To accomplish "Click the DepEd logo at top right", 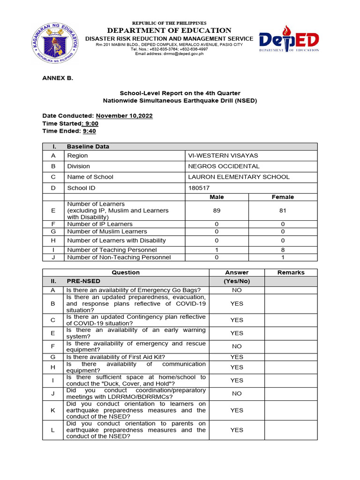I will pyautogui.click(x=289, y=41).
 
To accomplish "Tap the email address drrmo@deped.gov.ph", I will pyautogui.click(x=169, y=54).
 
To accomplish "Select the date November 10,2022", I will pyautogui.click(x=124, y=116).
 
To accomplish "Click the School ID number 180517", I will pyautogui.click(x=199, y=187).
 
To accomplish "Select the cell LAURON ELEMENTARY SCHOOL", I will pyautogui.click(x=239, y=177).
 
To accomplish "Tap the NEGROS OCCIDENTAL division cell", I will pyautogui.click(x=224, y=166).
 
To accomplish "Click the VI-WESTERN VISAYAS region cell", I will pyautogui.click(x=223, y=156).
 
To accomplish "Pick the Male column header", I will pyautogui.click(x=217, y=197).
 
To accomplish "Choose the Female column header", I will pyautogui.click(x=283, y=197).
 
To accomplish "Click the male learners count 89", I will pyautogui.click(x=217, y=211).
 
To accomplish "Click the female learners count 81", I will pyautogui.click(x=283, y=211).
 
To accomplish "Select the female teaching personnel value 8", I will pyautogui.click(x=283, y=250).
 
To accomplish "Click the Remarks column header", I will pyautogui.click(x=291, y=272).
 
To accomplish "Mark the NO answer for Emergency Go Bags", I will pyautogui.click(x=237, y=290).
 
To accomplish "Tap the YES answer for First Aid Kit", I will pyautogui.click(x=237, y=357).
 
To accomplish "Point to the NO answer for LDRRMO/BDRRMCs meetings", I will pyautogui.click(x=237, y=394).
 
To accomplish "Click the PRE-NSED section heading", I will pyautogui.click(x=84, y=281).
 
